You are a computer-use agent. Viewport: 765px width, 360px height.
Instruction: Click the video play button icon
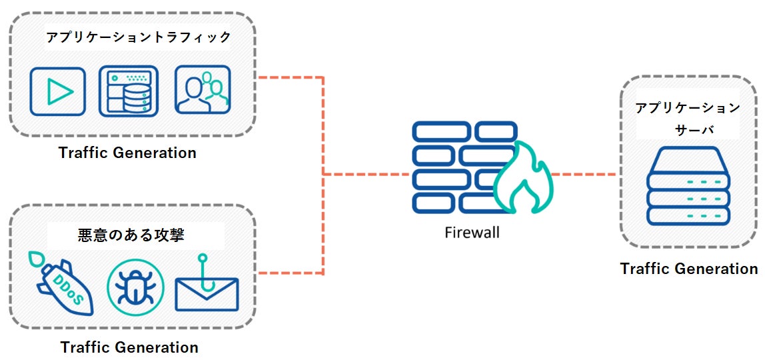58,91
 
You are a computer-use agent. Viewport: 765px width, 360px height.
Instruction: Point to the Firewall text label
472,233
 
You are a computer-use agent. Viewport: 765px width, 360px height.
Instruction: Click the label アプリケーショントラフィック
138,37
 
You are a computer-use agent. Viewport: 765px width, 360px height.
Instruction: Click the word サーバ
688,128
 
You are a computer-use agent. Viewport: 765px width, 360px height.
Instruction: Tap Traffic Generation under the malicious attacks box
129,347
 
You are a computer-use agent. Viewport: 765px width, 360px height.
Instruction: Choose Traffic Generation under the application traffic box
127,153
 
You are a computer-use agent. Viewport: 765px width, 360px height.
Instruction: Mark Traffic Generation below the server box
688,269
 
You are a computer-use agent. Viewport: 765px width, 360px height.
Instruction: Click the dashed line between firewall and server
584,175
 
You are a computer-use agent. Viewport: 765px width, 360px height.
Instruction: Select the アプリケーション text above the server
687,108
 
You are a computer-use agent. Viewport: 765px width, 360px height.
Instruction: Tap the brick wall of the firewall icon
453,166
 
